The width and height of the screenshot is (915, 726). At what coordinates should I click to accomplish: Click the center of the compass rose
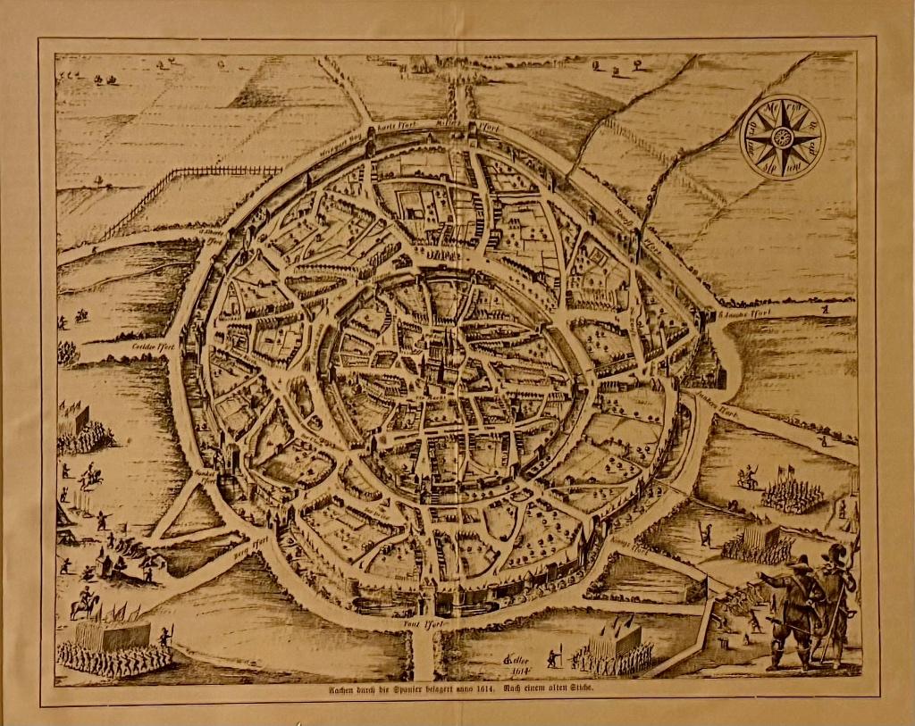click(782, 137)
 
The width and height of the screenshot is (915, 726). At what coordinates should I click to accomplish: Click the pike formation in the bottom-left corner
click(112, 647)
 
